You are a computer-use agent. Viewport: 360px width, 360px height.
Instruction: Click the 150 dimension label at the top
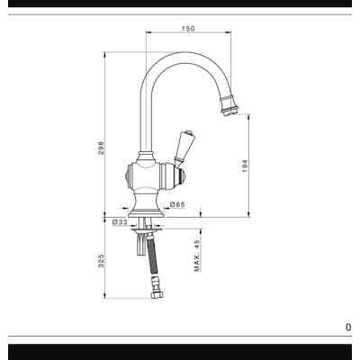click(188, 29)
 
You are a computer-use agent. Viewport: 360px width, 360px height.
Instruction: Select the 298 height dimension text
click(101, 148)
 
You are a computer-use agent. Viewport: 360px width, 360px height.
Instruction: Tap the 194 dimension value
click(245, 166)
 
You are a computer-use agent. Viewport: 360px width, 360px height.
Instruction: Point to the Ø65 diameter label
click(177, 204)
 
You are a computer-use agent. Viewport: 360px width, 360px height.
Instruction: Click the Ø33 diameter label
click(120, 222)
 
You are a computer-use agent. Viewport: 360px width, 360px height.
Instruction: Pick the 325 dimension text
click(101, 261)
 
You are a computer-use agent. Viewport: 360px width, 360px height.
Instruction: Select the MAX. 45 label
click(197, 256)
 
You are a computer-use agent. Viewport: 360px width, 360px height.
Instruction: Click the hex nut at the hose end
click(157, 294)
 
